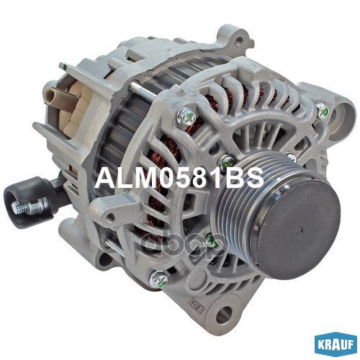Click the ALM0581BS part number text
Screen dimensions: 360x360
coord(179,179)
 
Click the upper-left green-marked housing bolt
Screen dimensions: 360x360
coord(187,117)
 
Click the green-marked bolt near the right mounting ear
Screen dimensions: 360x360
coord(323,110)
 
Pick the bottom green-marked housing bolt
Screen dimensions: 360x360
coord(158,279)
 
